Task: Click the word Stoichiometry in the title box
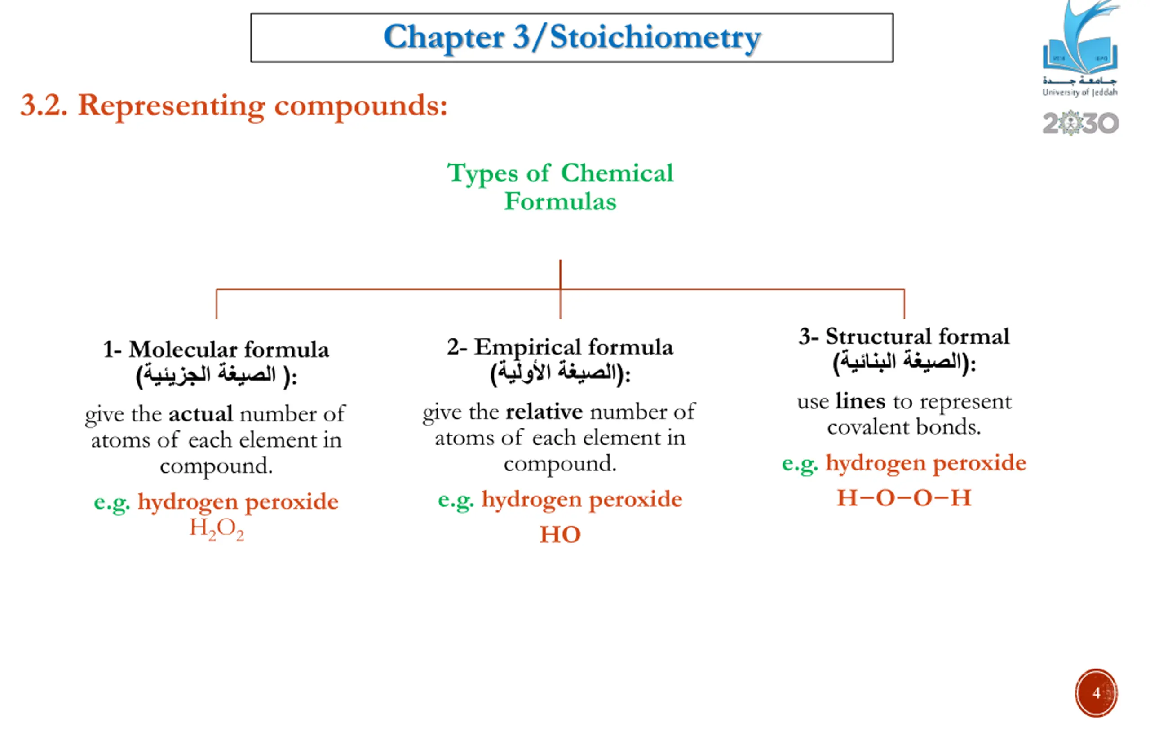point(655,38)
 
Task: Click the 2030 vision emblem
point(1080,123)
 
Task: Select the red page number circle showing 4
point(1096,693)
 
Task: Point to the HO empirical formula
point(560,534)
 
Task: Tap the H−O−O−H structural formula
point(904,498)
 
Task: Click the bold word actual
point(201,414)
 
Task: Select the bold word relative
point(544,412)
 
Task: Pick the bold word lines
point(860,401)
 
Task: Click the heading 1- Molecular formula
point(216,350)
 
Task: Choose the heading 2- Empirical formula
point(560,347)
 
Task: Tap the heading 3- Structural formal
point(904,337)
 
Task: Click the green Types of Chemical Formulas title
point(560,187)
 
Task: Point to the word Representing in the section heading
point(171,106)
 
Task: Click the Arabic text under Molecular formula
point(216,375)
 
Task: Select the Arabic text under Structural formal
point(904,362)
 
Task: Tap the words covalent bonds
point(904,427)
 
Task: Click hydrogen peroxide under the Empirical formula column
point(581,500)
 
